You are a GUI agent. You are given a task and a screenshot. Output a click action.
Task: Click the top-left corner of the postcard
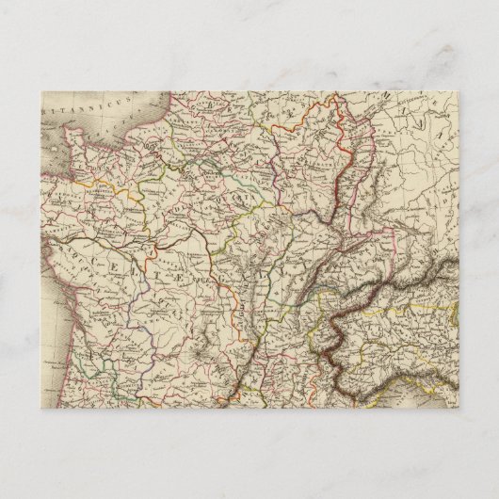[x=42, y=89]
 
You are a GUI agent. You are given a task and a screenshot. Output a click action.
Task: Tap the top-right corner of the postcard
[x=457, y=89]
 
